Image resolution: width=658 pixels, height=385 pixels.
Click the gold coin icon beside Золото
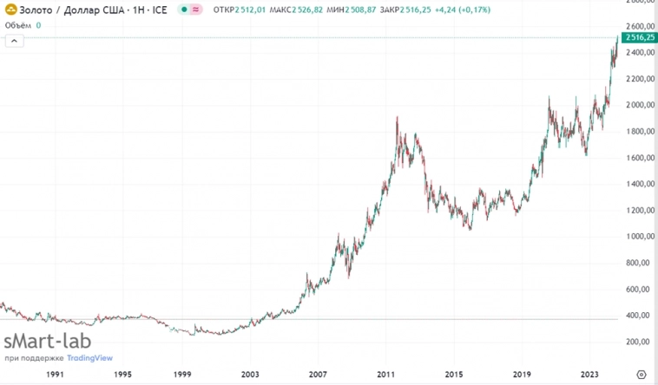[x=10, y=9]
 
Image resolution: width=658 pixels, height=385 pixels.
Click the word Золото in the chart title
[x=36, y=9]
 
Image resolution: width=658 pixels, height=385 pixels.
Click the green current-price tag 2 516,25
[x=638, y=38]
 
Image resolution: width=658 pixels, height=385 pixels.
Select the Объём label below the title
[x=18, y=25]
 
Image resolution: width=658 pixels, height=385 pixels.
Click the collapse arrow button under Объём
[x=13, y=41]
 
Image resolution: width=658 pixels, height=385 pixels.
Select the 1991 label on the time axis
[x=55, y=375]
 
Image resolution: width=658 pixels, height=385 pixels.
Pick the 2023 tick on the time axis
[x=589, y=375]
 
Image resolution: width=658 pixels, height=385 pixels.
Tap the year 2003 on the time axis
[x=249, y=375]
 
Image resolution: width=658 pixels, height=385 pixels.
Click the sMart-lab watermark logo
[x=48, y=341]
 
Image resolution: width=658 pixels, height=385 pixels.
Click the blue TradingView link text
[x=90, y=357]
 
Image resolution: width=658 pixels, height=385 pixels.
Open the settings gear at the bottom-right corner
[x=642, y=375]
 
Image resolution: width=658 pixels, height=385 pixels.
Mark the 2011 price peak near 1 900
[x=397, y=118]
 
